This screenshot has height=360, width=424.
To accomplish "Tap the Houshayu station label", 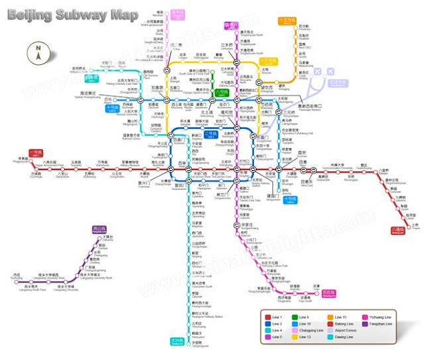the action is pyautogui.click(x=286, y=30).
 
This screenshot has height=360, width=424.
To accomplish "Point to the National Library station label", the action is pyautogui.click(x=132, y=136).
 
